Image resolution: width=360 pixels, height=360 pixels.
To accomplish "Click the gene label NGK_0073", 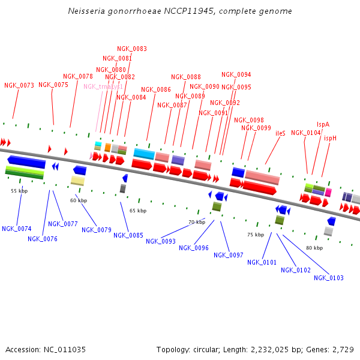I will (19, 85).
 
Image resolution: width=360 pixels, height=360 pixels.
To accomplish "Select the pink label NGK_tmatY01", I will (103, 86).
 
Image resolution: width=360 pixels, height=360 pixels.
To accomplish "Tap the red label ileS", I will (280, 133).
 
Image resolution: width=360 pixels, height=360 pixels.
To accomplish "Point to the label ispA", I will (323, 124).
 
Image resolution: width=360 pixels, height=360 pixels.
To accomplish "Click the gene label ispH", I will (330, 138).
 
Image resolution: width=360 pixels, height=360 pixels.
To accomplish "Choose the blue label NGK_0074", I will (17, 229).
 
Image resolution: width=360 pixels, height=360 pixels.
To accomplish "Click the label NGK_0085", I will (128, 235).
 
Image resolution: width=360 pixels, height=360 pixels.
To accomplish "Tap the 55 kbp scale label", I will (19, 191).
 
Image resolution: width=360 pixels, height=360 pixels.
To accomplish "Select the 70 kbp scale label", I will (197, 222).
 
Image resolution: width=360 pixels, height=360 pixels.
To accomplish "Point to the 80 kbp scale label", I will (314, 248).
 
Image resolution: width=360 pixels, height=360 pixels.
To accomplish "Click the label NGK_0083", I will (132, 49).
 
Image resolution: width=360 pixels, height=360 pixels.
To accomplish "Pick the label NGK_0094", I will (236, 75).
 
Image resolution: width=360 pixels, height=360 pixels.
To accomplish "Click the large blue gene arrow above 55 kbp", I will (26, 161).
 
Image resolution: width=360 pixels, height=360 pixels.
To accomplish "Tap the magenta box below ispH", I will (328, 193).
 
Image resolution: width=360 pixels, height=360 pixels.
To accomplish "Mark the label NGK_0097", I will (229, 255).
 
